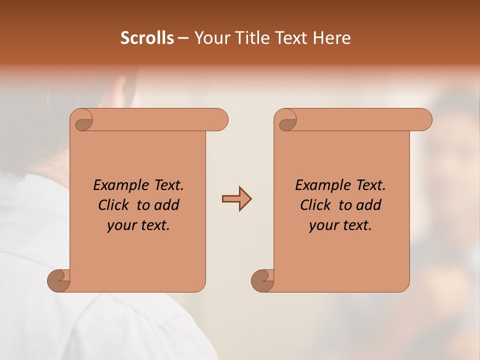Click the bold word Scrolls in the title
click(x=147, y=38)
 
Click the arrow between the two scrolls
click(x=236, y=199)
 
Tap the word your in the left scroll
click(x=119, y=225)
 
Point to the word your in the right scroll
click(x=321, y=225)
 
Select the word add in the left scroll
click(x=167, y=205)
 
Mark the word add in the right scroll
click(x=369, y=205)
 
